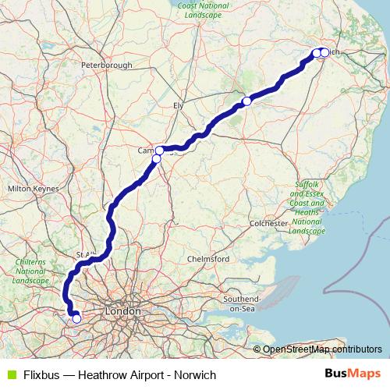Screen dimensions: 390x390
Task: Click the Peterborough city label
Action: point(106,66)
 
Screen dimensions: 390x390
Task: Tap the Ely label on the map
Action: point(178,104)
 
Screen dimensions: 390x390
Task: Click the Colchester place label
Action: point(270,223)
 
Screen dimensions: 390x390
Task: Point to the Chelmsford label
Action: point(207,258)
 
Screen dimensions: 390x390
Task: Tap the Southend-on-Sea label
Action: point(241,300)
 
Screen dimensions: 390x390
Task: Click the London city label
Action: point(122,311)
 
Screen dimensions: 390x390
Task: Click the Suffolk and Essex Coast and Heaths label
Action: point(307,207)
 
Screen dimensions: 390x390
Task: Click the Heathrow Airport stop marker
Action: point(76,318)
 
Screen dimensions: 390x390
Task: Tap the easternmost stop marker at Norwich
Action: point(324,53)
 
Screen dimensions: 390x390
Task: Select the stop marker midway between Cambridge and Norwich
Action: point(246,101)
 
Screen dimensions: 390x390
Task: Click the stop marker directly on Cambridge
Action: point(159,150)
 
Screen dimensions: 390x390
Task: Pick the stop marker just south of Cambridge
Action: point(156,159)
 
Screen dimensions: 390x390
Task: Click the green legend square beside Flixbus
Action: point(10,374)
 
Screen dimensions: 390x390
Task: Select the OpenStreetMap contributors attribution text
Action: point(322,349)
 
